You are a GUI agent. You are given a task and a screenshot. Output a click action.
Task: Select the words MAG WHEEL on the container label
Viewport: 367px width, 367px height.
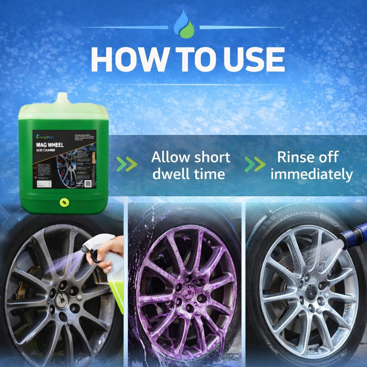(49, 144)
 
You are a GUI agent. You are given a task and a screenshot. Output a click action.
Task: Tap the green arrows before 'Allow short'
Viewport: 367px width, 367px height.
(127, 164)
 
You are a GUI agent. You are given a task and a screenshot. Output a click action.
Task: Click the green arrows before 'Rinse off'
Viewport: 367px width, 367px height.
(255, 164)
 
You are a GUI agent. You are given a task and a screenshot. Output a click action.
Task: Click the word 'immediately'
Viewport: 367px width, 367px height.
(311, 174)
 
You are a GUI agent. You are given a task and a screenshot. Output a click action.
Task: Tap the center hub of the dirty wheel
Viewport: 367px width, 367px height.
(62, 300)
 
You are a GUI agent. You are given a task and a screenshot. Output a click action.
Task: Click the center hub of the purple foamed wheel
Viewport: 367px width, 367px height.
(189, 292)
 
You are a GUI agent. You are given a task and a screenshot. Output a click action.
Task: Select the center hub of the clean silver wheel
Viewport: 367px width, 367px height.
(310, 292)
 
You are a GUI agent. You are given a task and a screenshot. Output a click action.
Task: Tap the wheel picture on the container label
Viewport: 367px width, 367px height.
(70, 168)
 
